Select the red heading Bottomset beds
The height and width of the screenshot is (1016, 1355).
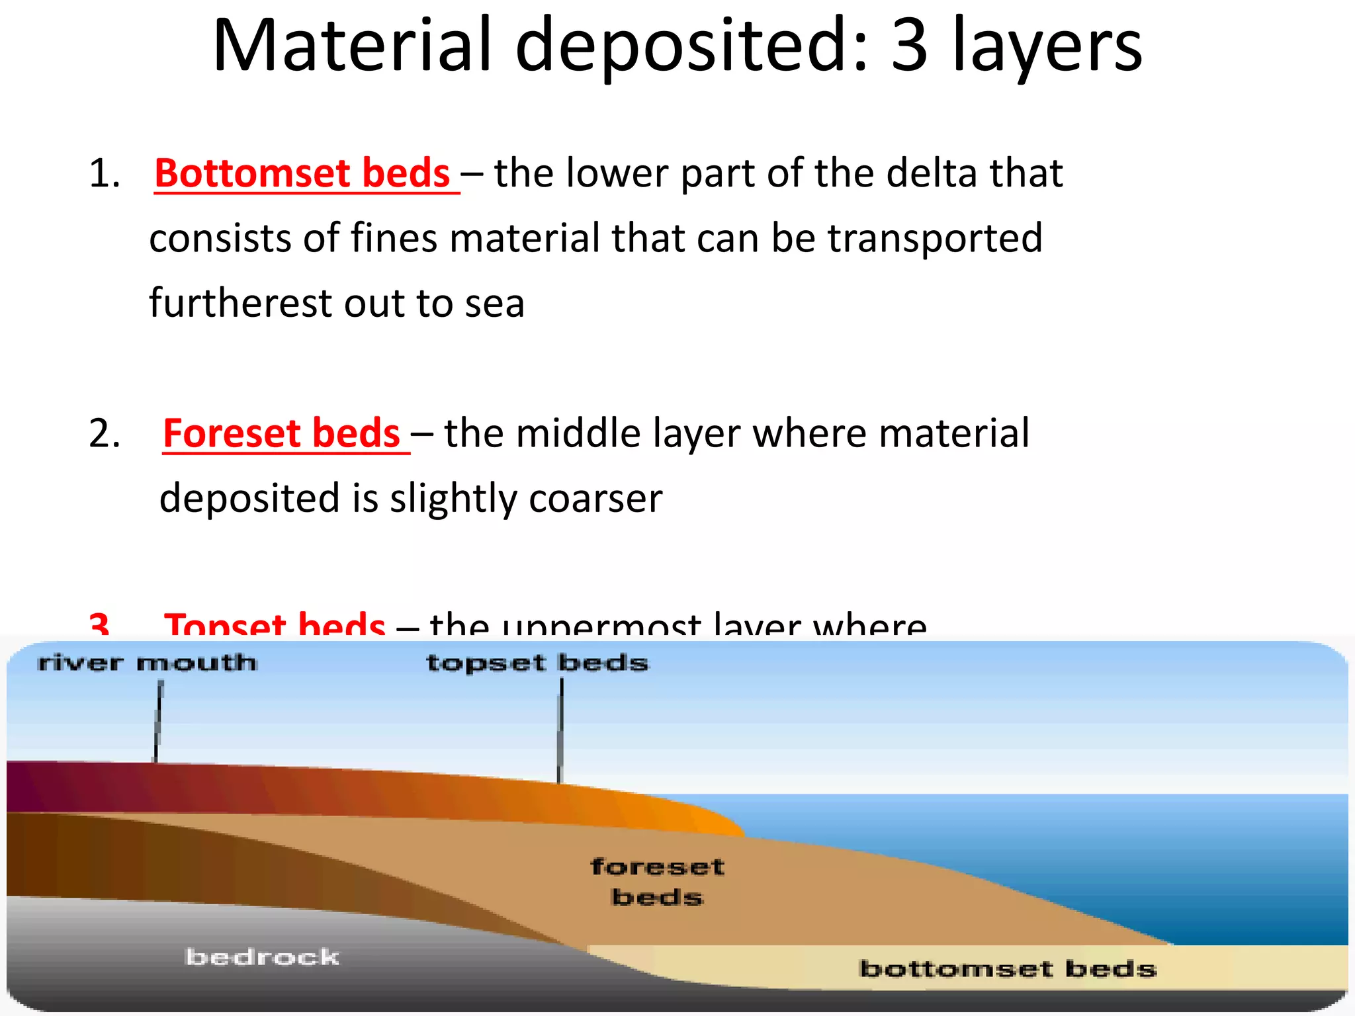[x=302, y=173]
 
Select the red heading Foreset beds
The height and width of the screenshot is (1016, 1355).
[x=282, y=433]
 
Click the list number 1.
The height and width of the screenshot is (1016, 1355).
[x=104, y=174]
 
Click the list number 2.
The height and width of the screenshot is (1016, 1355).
[x=105, y=434]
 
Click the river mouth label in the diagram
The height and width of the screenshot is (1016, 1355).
[x=147, y=662]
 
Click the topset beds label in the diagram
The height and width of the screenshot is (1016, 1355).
[x=537, y=662]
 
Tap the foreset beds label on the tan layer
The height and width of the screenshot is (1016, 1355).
[x=657, y=882]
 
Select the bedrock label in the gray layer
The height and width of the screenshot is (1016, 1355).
[x=262, y=956]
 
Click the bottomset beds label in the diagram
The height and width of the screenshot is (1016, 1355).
[x=1007, y=969]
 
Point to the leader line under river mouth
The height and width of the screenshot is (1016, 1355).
[x=158, y=721]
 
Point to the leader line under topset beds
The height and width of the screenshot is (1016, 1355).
[x=560, y=731]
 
